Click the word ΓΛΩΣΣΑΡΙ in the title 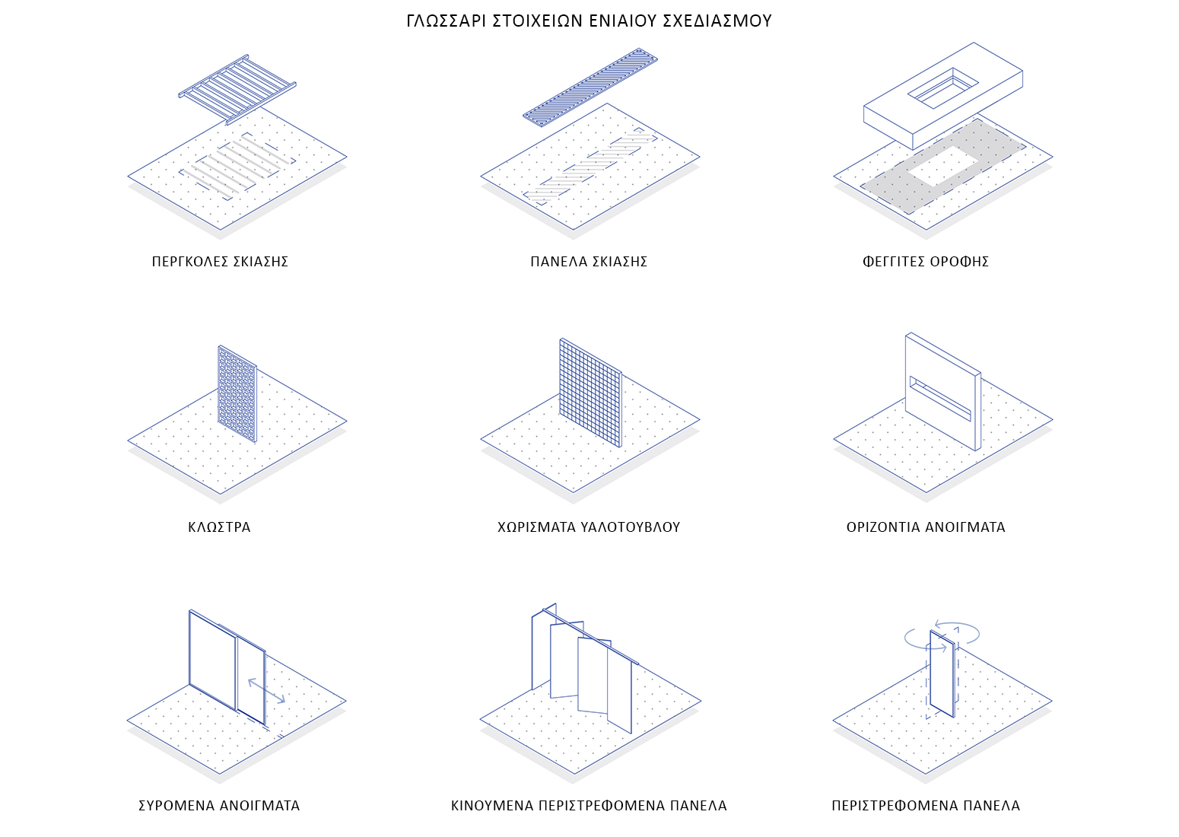coord(447,21)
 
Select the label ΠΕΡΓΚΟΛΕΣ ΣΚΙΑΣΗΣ coord(220,262)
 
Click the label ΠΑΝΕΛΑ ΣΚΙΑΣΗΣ coord(589,262)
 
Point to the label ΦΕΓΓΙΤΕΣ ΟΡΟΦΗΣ coord(926,262)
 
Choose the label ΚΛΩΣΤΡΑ coord(220,527)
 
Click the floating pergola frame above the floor coord(237,90)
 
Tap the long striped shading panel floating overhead coord(590,88)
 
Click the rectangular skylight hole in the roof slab coord(943,88)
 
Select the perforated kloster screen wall coord(237,393)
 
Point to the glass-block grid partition coord(590,393)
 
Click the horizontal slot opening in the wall coord(940,399)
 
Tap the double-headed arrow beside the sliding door coord(266,691)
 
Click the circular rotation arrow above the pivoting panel coord(942,636)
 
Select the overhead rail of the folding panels coord(590,637)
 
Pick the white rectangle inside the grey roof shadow coord(942,166)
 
